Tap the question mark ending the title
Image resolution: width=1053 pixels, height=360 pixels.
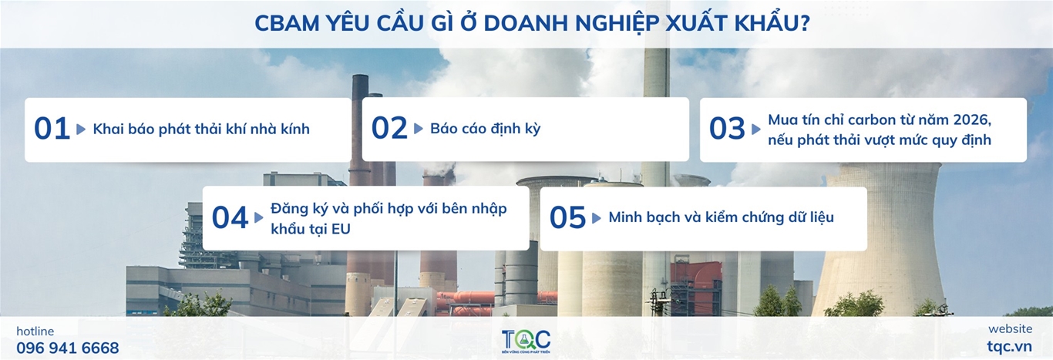click(x=804, y=23)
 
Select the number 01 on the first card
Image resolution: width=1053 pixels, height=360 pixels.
click(x=52, y=129)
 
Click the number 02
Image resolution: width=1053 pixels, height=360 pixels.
click(x=389, y=128)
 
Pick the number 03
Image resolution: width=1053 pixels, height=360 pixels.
click(x=727, y=128)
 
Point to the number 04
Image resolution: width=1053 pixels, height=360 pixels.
click(x=230, y=217)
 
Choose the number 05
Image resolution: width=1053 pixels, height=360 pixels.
click(x=567, y=217)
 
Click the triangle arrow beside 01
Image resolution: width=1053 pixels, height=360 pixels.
click(x=81, y=130)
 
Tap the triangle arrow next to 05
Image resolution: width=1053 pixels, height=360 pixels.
click(x=597, y=218)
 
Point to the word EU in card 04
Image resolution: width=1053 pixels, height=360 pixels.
click(x=341, y=229)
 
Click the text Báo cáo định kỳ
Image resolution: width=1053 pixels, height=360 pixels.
click(x=485, y=128)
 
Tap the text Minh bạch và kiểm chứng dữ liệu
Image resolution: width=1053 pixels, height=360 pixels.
click(x=721, y=217)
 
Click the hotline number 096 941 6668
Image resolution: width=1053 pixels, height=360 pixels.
click(x=68, y=348)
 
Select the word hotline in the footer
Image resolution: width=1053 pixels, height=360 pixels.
click(x=35, y=331)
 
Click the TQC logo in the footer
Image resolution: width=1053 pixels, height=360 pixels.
click(x=526, y=341)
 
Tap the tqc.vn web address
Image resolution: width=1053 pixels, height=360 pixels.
click(x=1009, y=347)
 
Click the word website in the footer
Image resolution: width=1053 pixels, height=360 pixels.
click(x=1011, y=328)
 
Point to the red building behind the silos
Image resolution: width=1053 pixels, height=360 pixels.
click(x=696, y=282)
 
